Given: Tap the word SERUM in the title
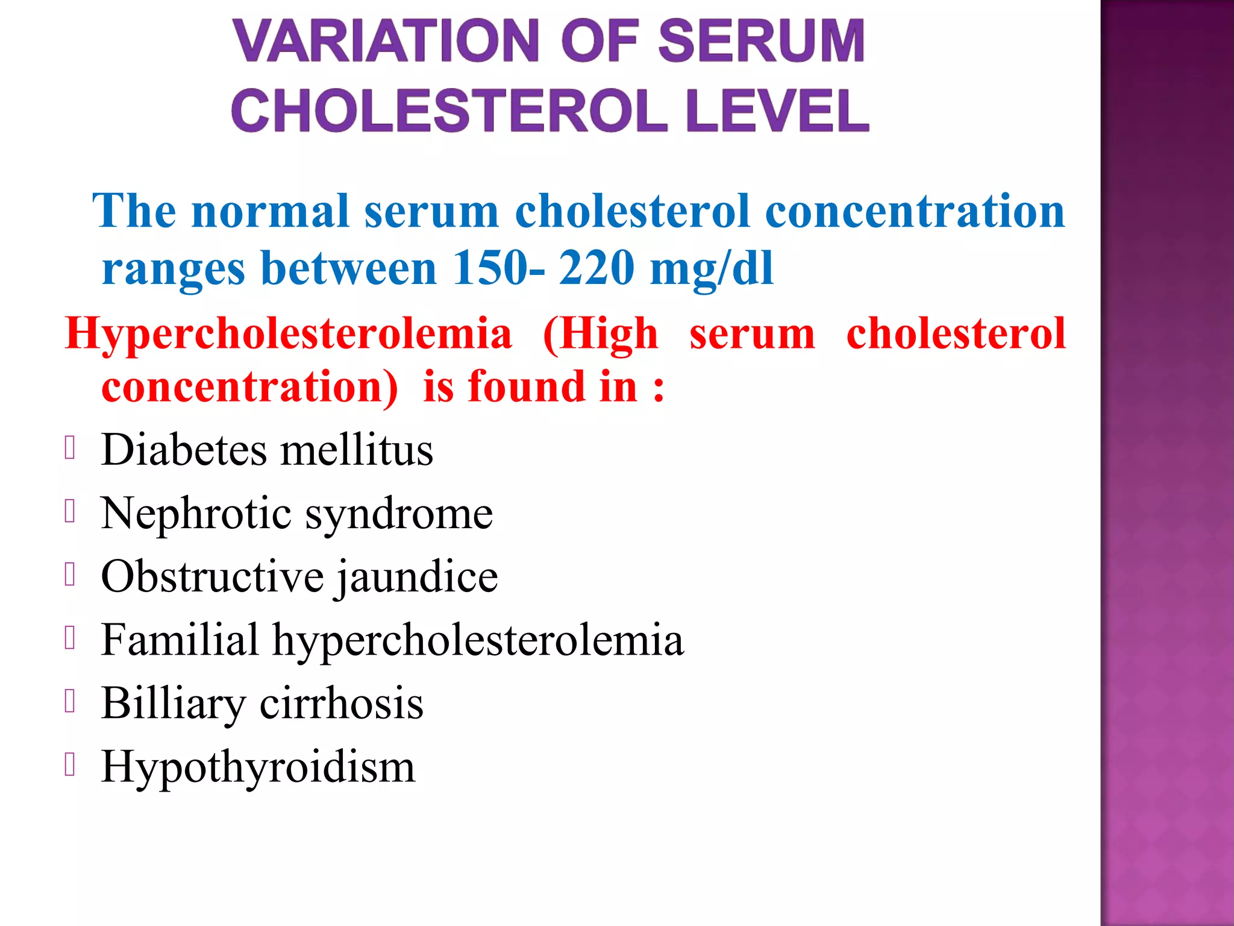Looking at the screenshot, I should [x=761, y=41].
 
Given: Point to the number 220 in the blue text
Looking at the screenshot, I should [x=597, y=268].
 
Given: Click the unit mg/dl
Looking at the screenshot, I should [x=711, y=269].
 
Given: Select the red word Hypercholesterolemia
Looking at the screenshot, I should [x=289, y=334].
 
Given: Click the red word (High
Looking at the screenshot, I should [x=600, y=334].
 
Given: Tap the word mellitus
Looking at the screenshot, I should [x=357, y=450].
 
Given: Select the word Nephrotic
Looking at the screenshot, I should [x=196, y=514].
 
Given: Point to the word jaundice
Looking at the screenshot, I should [x=417, y=578].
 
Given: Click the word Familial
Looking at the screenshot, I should [x=180, y=640].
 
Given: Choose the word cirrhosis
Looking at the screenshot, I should [x=342, y=703].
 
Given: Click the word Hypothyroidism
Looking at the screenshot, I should [x=258, y=767].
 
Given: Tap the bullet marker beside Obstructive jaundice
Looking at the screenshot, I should [x=70, y=575].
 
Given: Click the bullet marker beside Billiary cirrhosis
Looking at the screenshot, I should [x=70, y=701].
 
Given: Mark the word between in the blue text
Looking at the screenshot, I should [x=348, y=268].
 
